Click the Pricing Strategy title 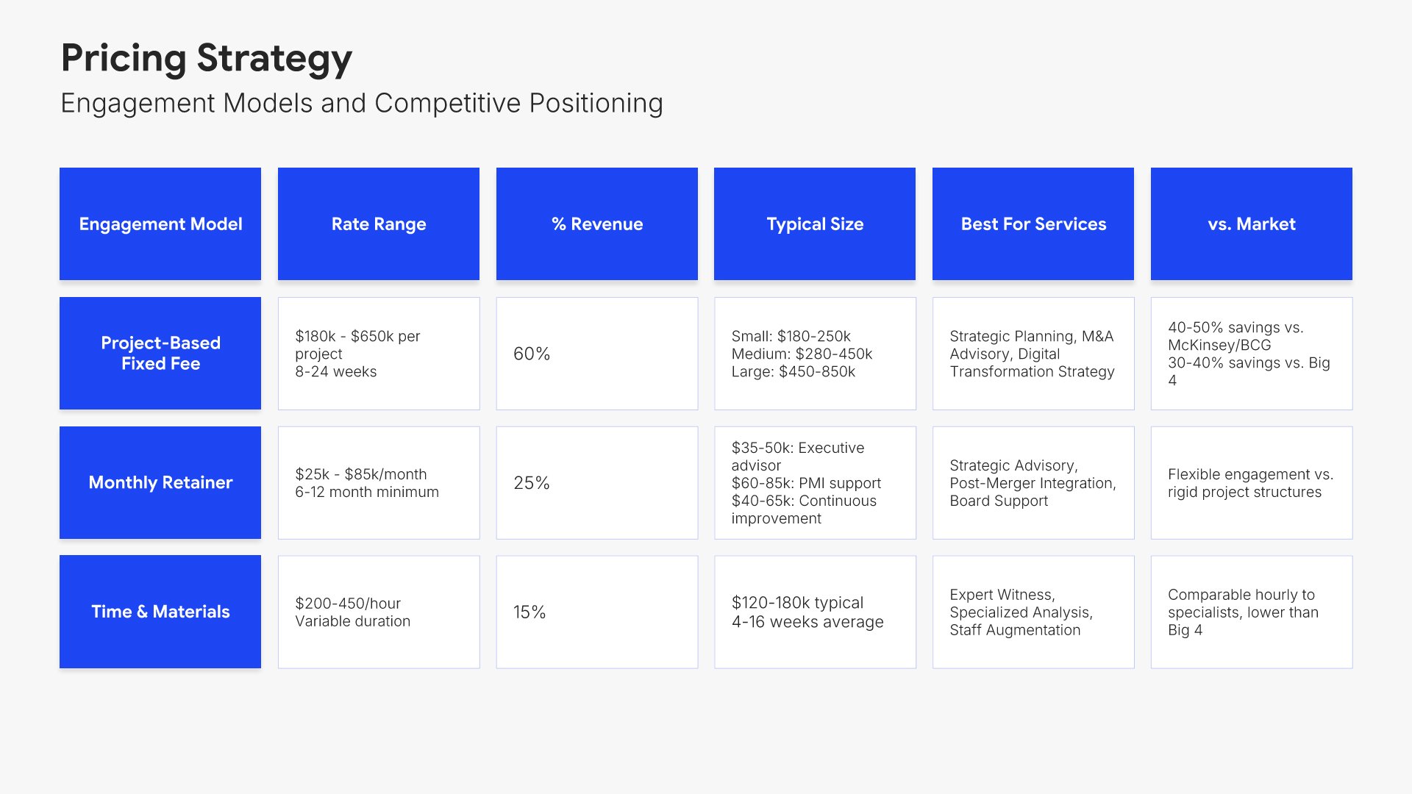point(207,59)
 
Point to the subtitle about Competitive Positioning point(362,104)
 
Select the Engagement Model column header point(160,223)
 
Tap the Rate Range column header point(379,223)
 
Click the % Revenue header point(597,223)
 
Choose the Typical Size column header point(815,223)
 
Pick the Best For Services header point(1033,223)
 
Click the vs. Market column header point(1252,223)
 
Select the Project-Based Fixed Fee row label point(160,353)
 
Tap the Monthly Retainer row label point(160,482)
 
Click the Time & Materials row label point(160,612)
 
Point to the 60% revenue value point(532,354)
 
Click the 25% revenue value point(532,483)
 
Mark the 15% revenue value point(529,612)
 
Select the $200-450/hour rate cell point(379,612)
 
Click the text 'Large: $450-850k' point(794,372)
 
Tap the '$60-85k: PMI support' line point(806,483)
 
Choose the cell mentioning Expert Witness point(1033,612)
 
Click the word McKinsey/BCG point(1219,345)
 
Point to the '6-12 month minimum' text point(367,492)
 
